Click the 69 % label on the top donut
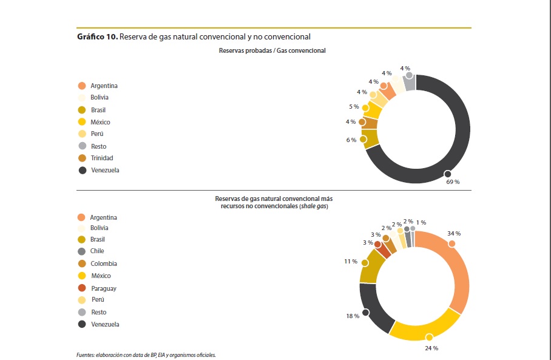click(453, 182)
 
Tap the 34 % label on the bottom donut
click(454, 234)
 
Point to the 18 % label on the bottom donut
click(352, 316)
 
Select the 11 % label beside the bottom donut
click(350, 261)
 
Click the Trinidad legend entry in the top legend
click(101, 158)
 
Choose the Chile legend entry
click(97, 251)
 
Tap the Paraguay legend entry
click(103, 288)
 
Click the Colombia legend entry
click(103, 263)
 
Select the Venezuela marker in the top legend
click(82, 171)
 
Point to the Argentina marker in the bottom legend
click(81, 217)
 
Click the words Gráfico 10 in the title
click(97, 37)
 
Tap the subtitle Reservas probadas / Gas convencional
click(272, 51)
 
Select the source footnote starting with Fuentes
click(146, 355)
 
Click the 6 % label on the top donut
click(352, 140)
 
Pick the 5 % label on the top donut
click(354, 107)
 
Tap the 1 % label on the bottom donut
click(421, 222)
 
